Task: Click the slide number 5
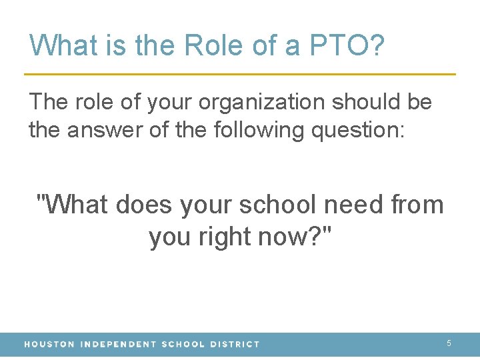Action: pos(449,343)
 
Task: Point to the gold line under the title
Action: pos(240,73)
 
